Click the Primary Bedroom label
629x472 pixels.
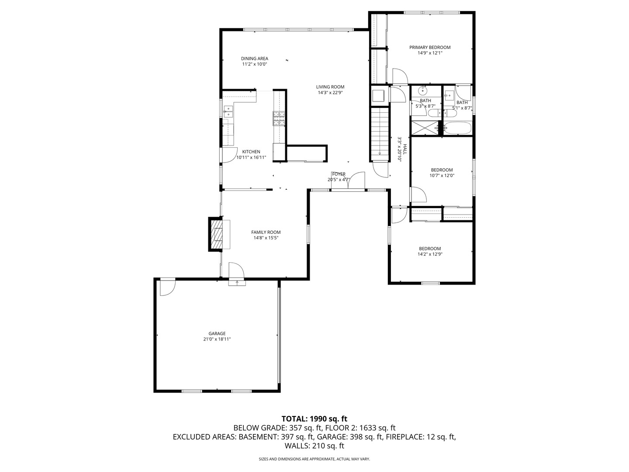429,47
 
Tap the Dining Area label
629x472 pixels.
254,59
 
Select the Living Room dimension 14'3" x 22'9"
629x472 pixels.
330,93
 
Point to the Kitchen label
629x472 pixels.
251,152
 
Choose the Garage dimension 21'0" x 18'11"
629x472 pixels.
217,339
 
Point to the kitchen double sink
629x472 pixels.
228,111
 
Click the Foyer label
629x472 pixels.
339,174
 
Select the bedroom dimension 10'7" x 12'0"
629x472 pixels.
442,176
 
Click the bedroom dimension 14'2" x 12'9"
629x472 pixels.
430,254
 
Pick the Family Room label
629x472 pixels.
266,232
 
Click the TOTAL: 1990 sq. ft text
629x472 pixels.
314,419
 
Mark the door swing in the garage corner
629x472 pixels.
166,287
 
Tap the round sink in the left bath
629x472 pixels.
422,91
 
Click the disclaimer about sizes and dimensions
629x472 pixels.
314,459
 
